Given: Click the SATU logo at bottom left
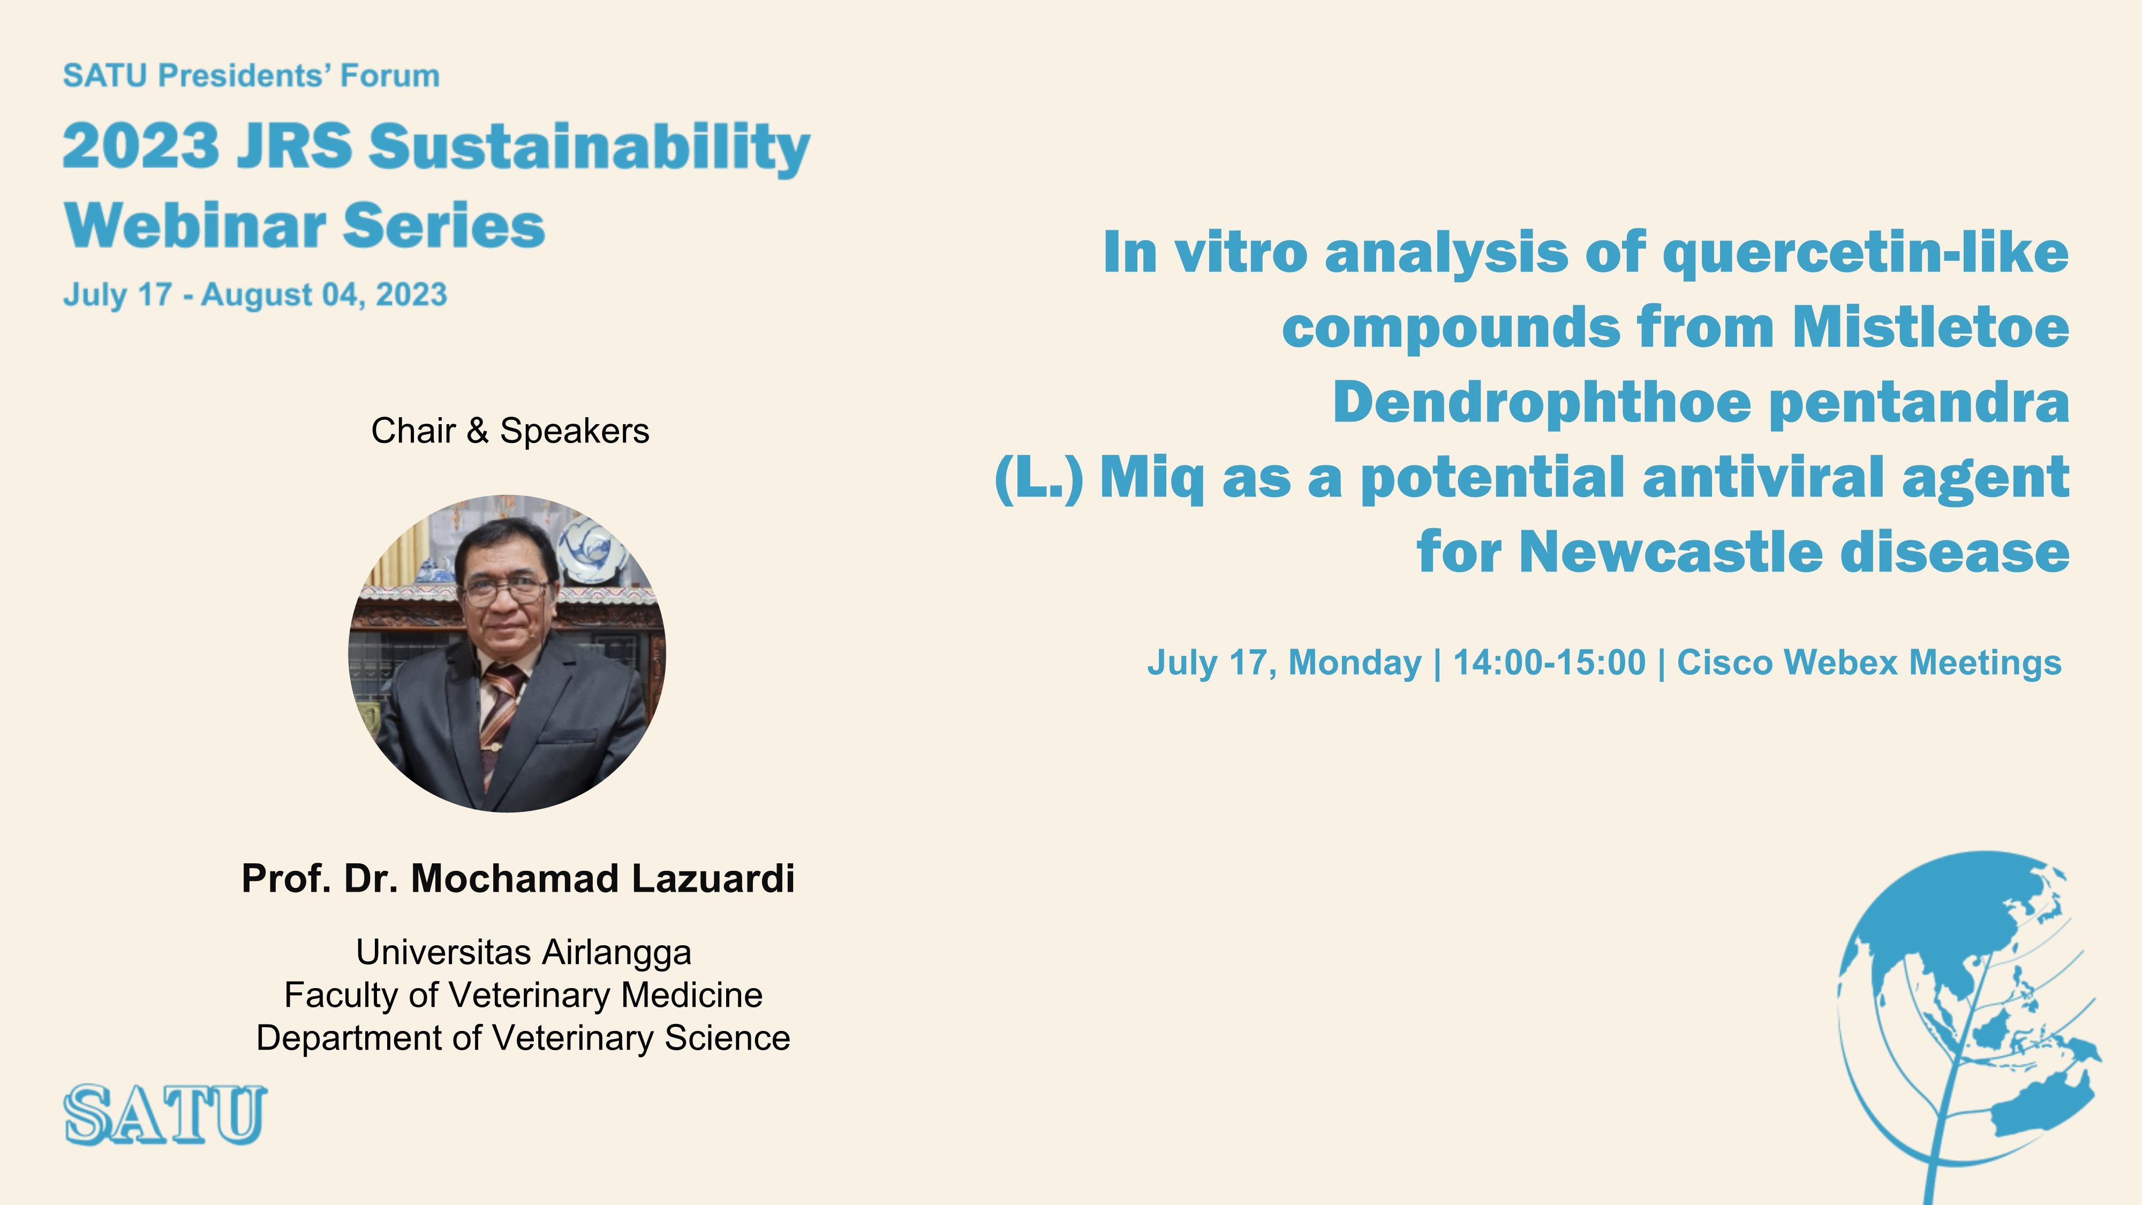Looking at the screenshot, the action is click(165, 1114).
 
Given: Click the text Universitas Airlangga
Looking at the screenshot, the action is click(523, 952).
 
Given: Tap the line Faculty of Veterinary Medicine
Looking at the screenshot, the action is click(523, 995).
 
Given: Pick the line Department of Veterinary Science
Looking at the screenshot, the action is click(523, 1038).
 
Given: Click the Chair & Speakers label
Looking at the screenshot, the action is click(510, 431).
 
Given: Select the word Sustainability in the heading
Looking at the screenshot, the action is click(590, 148).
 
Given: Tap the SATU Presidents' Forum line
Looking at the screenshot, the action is click(251, 76).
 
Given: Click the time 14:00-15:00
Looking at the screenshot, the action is click(1549, 663).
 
